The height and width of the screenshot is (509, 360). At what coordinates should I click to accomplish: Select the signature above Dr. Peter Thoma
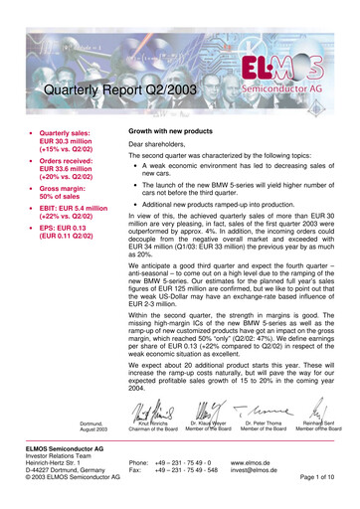[263, 408]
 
